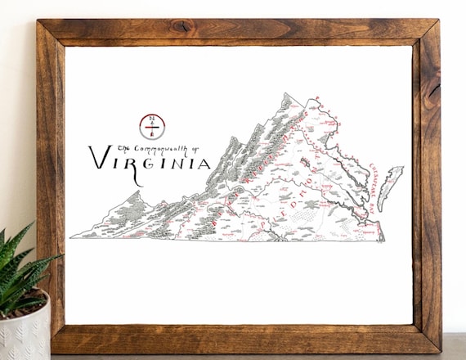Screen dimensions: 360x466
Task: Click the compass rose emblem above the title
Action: (152, 126)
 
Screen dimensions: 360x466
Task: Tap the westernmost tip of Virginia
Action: (71, 237)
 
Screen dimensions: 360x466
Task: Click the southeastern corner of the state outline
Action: (383, 241)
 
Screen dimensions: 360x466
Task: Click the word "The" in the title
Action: (123, 148)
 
